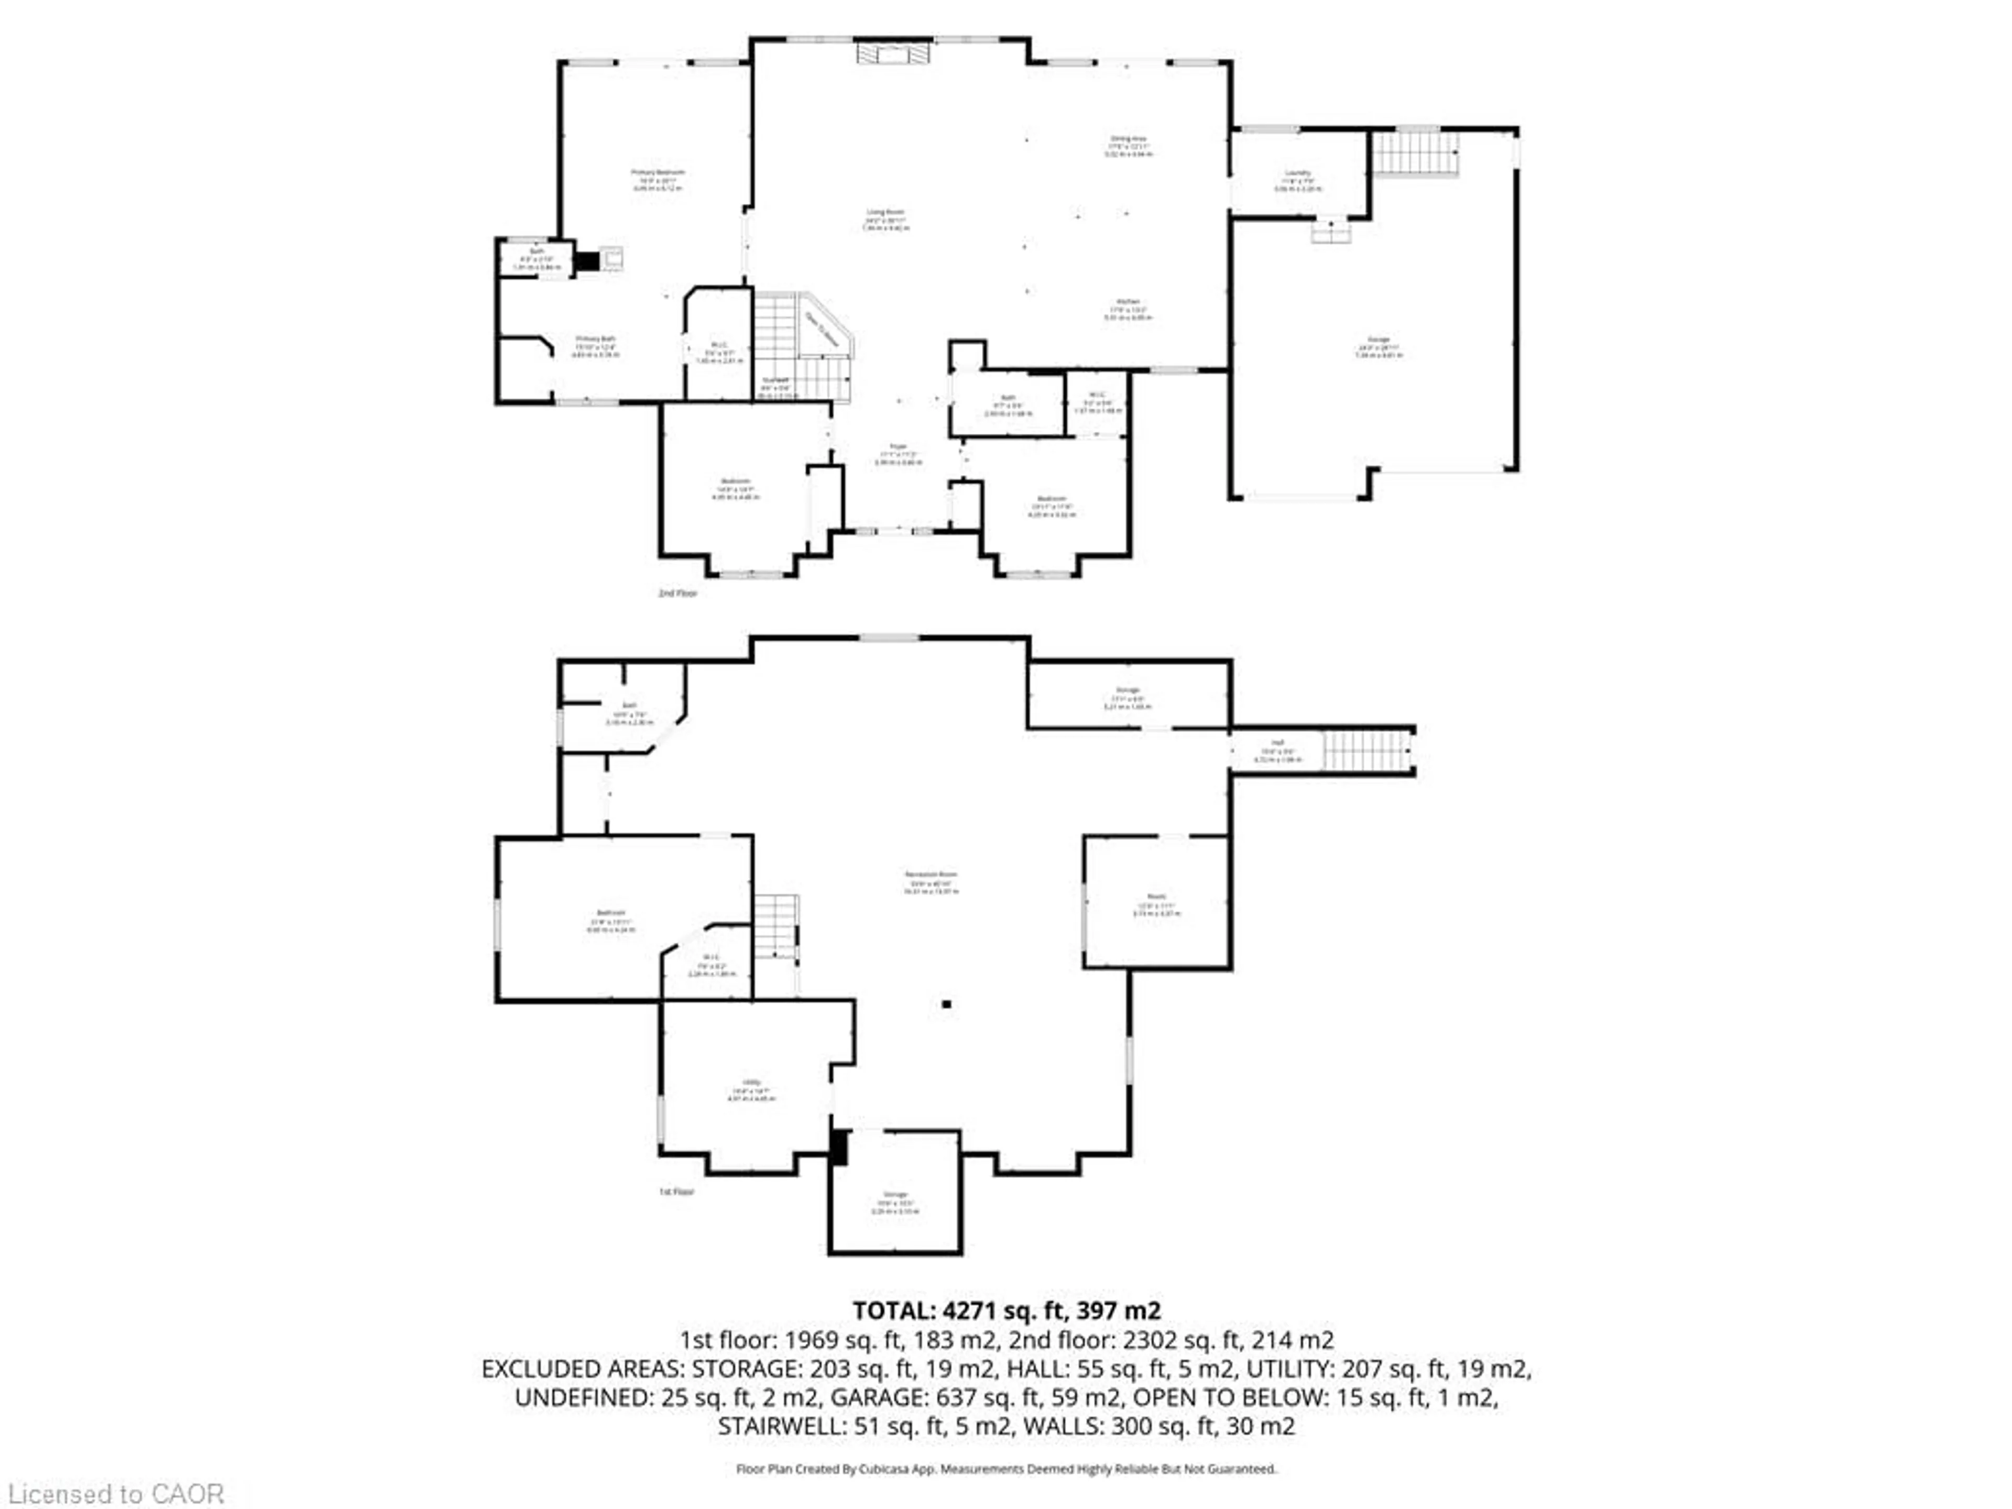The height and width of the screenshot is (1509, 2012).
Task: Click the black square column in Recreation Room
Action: pos(947,1004)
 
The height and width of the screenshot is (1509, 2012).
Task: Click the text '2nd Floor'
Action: pos(677,593)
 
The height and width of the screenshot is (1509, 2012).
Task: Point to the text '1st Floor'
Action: pos(676,1191)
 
